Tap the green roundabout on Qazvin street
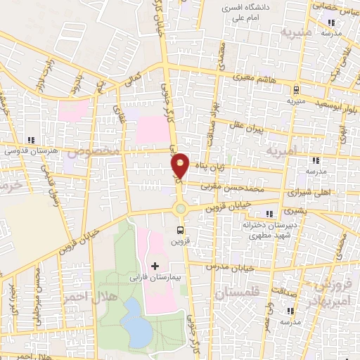coord(181,207)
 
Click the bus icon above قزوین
coord(181,229)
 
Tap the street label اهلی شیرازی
coord(307,191)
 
